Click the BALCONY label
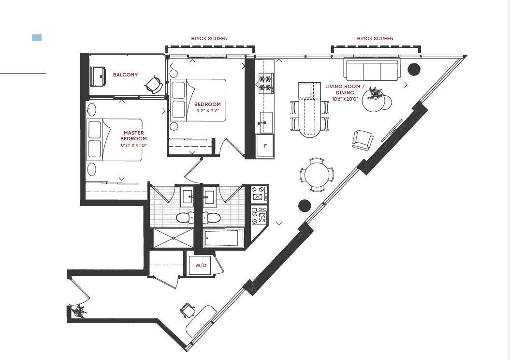pos(125,75)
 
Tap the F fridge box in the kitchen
pos(265,146)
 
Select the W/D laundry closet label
pos(201,265)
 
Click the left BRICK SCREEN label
pos(209,38)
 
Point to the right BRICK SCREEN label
pos(375,38)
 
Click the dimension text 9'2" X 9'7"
pos(207,110)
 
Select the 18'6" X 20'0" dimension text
pos(345,99)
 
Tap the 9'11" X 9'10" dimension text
pos(133,145)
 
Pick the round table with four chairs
pos(317,175)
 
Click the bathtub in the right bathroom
pos(223,238)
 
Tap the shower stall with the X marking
pos(173,239)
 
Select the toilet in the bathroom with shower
pos(185,217)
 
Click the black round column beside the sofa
pos(414,69)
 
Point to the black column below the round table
pos(305,205)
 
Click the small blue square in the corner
pos(37,38)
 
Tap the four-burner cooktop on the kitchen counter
pos(265,83)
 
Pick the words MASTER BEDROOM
pos(133,135)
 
